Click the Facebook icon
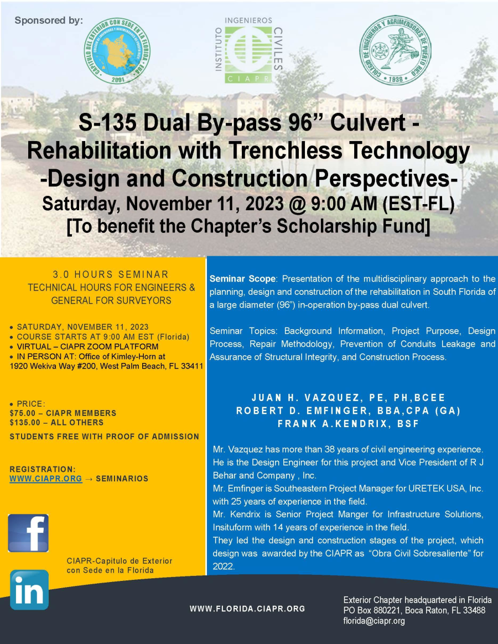coord(28,533)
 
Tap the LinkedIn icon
coord(29,590)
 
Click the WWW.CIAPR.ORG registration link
coord(46,479)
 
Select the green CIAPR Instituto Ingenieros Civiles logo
coord(248,50)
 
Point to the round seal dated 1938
coord(395,50)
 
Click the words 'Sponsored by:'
coord(49,20)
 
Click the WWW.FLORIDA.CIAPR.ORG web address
coord(247,609)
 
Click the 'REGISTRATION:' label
coord(43,469)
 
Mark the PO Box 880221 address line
coord(414,610)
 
